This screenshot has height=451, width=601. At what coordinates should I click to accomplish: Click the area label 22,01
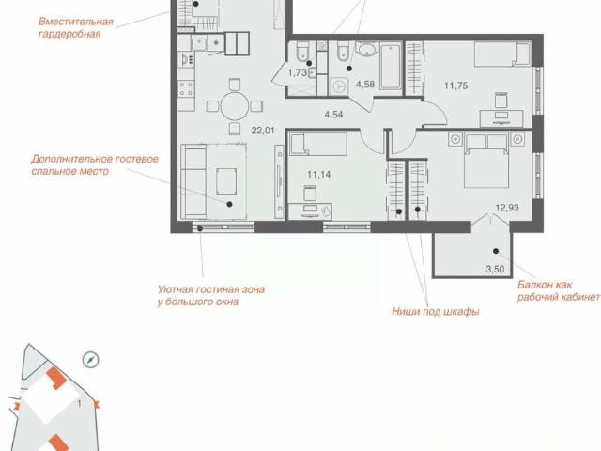(x=263, y=131)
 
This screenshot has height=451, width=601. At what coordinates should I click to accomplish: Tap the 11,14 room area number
(x=319, y=175)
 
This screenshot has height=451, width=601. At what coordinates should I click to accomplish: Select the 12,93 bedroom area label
(x=507, y=208)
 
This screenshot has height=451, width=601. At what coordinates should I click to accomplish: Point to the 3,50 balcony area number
(x=495, y=270)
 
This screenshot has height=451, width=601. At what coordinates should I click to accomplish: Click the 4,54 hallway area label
(x=333, y=115)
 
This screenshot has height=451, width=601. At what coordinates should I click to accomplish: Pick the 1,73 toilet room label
(x=298, y=72)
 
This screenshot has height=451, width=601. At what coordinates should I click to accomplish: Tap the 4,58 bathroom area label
(x=365, y=85)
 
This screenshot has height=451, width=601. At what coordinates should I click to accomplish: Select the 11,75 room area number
(x=456, y=86)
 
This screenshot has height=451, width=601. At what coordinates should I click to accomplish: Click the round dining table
(x=235, y=106)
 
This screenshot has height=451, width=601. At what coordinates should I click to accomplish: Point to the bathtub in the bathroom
(x=391, y=67)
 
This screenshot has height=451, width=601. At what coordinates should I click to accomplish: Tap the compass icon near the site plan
(x=91, y=360)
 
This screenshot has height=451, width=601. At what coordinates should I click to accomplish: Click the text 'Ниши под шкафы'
(x=436, y=311)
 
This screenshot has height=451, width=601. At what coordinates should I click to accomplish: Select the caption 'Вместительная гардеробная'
(x=76, y=27)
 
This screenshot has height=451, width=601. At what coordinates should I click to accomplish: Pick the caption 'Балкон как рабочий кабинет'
(x=559, y=291)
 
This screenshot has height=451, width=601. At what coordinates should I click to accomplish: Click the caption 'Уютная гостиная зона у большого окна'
(x=211, y=296)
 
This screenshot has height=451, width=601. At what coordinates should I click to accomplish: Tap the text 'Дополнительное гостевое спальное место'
(x=95, y=165)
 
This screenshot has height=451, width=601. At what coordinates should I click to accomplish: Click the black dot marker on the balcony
(x=496, y=251)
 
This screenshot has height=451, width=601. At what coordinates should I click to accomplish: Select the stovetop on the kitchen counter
(x=186, y=88)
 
